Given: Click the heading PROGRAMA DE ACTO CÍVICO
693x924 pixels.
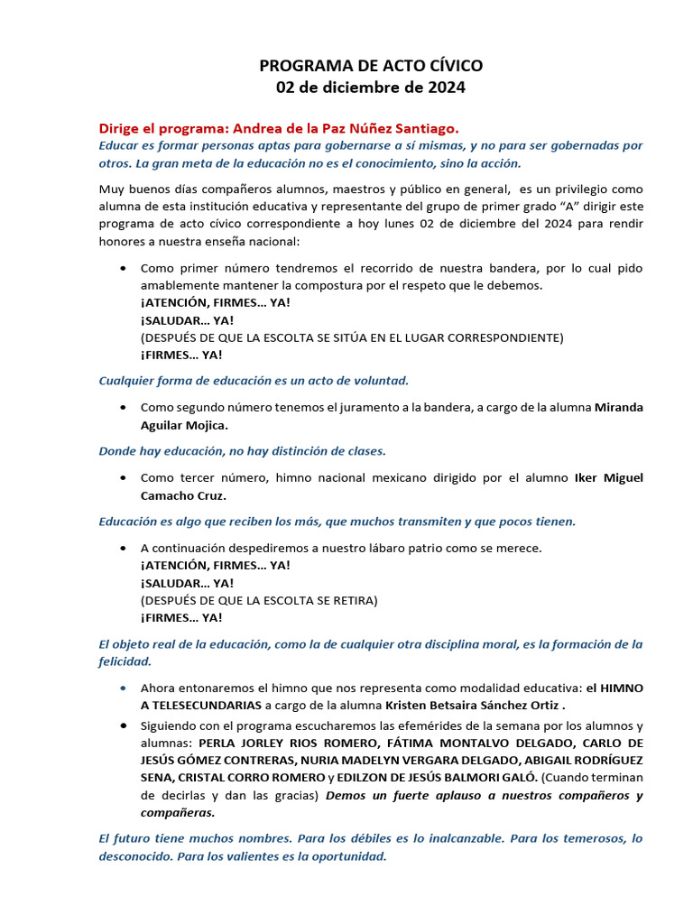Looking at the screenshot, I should point(371,66).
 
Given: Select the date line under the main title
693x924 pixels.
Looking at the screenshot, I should point(371,88).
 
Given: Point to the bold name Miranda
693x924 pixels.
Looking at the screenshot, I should point(618,407).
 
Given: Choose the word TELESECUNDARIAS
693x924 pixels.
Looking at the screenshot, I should point(206,705).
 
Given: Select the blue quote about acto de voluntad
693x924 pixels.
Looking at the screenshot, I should point(254,381).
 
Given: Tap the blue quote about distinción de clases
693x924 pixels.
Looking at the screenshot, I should point(242,450).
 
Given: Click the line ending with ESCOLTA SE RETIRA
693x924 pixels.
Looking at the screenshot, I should point(259,600).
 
